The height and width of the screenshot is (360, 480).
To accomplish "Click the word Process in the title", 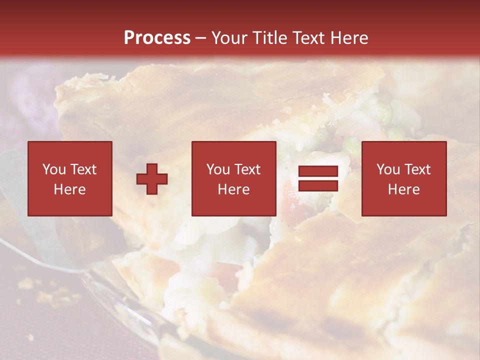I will pos(157,38).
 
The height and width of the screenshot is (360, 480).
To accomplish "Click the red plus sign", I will pos(152,179).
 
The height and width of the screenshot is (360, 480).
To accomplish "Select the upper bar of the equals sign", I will pos(318,171).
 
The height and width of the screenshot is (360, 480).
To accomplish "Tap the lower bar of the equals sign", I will pos(318,185).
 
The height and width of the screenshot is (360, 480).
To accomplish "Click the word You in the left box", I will pos(53,169).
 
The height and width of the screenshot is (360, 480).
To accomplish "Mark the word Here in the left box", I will pos(69,189).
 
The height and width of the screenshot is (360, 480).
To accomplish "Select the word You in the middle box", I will pos(218,169).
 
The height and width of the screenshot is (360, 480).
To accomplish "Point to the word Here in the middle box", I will pos(233,189).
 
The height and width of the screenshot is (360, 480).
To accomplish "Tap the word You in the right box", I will pos(388,169).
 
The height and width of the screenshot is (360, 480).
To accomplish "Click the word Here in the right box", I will pos(403,189).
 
